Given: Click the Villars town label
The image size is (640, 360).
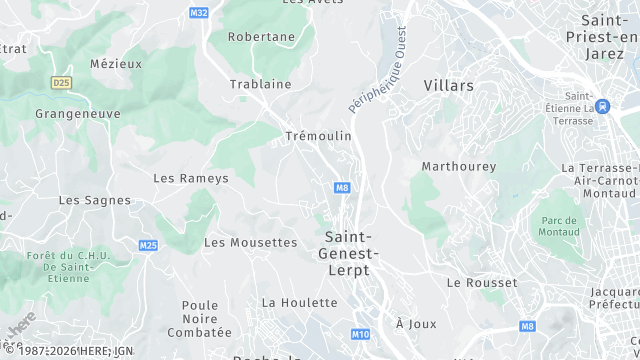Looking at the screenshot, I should pos(448,86).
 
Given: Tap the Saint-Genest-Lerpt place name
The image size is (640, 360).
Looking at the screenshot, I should pos(348,253).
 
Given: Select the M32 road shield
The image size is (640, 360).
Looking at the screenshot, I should pos(198,12).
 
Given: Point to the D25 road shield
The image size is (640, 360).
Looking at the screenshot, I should pos(62,82).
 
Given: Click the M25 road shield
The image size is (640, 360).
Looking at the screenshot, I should pos(148,245).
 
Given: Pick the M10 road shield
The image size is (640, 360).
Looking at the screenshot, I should pos(361,333).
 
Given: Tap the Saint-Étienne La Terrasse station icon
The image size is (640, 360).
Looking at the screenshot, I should pos(601,105).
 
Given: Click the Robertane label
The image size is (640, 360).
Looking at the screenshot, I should pos(262,37).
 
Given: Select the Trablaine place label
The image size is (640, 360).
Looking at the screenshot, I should pos(260,84).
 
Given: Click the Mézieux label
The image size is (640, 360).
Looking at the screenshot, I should pos(116,63).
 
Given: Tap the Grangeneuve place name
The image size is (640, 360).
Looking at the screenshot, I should pos(78,113).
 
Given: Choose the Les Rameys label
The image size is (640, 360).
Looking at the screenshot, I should pos(191,178).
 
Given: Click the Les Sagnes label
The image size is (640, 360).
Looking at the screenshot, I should pos(95,200).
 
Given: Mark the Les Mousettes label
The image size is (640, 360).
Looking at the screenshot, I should pos(251,242).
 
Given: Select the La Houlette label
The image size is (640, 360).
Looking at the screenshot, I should pos(299,302).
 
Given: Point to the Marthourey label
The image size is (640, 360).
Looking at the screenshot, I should pos(459,166).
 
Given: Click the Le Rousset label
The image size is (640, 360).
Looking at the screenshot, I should pos(482,283).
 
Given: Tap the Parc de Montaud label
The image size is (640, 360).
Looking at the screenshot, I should pos(560,226).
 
